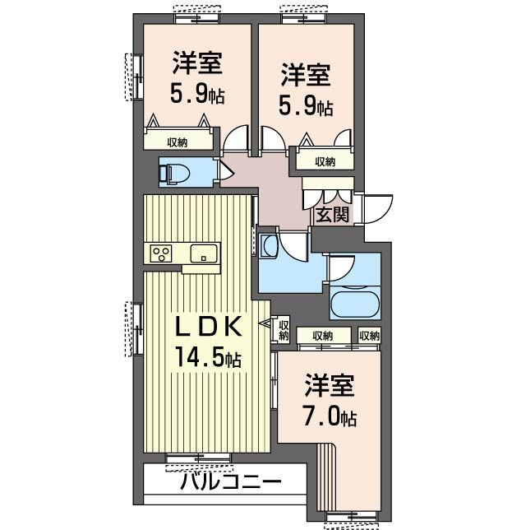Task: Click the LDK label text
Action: [210, 327]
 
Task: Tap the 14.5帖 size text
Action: [206, 358]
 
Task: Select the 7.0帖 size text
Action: [331, 416]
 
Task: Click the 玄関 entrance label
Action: [332, 215]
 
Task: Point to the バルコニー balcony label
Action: [230, 481]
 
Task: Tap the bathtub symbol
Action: [354, 303]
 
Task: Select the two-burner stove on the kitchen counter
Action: [161, 253]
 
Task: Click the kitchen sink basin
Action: [203, 253]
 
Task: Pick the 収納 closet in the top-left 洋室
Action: [178, 142]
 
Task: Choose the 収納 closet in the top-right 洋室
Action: [325, 161]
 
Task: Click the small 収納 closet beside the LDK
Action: [284, 330]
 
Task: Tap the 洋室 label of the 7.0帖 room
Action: [330, 386]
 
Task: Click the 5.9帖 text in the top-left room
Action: [197, 95]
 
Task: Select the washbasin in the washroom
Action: [268, 245]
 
